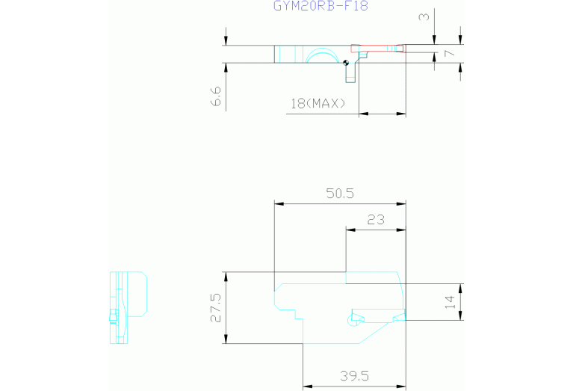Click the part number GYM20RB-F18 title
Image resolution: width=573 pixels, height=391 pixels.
[x=320, y=5]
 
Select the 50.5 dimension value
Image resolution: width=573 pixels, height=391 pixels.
[x=340, y=193]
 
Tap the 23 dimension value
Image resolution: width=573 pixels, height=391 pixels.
[x=376, y=220]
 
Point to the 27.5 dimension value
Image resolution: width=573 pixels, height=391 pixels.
[x=216, y=307]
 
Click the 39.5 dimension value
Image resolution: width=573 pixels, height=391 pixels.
[x=354, y=375]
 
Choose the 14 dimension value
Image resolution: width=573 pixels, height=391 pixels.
[x=450, y=302]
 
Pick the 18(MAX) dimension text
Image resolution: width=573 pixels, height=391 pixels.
[x=318, y=103]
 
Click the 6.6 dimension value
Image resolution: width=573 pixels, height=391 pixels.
[x=216, y=96]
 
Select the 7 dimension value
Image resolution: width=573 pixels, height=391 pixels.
[x=450, y=53]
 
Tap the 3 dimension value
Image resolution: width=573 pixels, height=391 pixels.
[x=424, y=16]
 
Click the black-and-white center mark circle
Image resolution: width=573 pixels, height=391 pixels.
[x=346, y=63]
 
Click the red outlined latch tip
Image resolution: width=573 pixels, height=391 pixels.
[x=378, y=49]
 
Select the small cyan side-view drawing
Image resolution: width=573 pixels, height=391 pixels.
[x=128, y=307]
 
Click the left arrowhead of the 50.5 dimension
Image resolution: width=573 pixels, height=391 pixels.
[x=279, y=204]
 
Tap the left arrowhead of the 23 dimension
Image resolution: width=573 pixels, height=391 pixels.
[x=350, y=230]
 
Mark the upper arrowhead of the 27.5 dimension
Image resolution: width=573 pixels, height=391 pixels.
[x=226, y=277]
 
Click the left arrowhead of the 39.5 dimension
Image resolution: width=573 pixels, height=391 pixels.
[x=307, y=386]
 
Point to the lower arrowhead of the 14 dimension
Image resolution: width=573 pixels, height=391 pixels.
[x=460, y=315]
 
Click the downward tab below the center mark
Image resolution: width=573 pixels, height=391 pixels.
[x=351, y=73]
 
